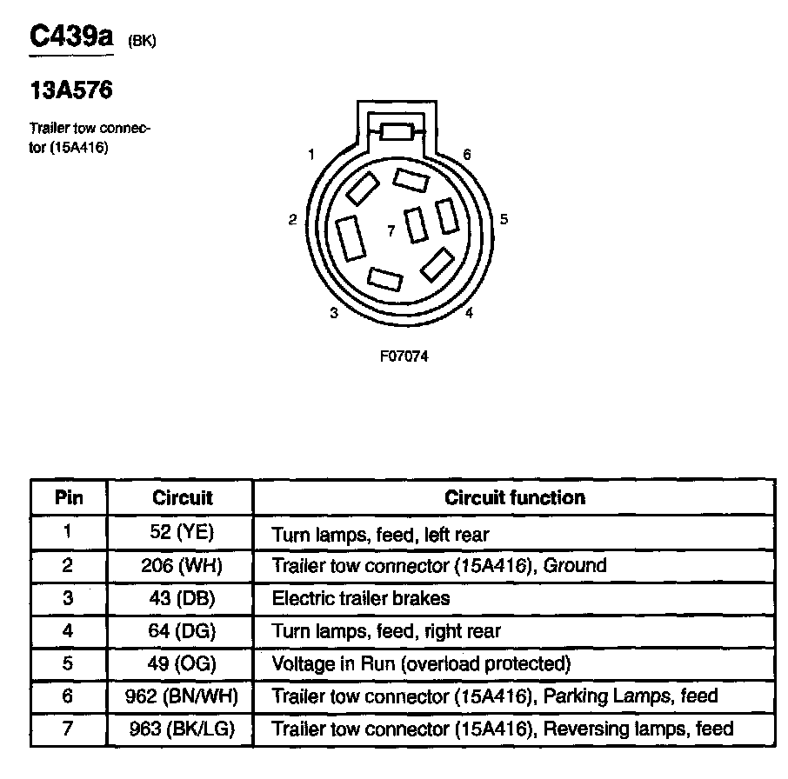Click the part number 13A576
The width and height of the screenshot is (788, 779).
[x=71, y=90]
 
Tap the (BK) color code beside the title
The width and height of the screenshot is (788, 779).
[x=141, y=40]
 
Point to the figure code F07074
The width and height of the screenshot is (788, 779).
[x=404, y=356]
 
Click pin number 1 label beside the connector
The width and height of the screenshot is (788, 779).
[x=311, y=156]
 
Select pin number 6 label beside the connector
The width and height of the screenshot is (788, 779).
[x=467, y=155]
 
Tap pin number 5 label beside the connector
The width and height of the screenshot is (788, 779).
[x=504, y=219]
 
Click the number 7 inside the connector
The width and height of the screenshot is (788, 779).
[x=391, y=230]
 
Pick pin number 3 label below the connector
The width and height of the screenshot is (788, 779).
[x=334, y=314]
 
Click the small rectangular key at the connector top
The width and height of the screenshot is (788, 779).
[x=397, y=131]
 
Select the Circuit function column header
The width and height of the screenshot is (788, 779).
[x=514, y=498]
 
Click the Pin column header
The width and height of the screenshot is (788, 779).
[x=69, y=498]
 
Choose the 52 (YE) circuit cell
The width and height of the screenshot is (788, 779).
[x=182, y=532]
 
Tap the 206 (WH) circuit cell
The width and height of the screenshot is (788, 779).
[x=182, y=565]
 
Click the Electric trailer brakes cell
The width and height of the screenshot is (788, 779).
[x=361, y=598]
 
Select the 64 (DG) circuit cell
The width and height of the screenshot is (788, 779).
[x=182, y=630]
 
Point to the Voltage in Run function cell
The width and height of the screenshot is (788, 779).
[x=421, y=663]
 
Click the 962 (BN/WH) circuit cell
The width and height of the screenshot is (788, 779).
[x=182, y=696]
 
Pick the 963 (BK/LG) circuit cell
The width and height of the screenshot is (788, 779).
[x=182, y=729]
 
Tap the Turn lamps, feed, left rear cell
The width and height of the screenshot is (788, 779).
[x=381, y=533]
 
